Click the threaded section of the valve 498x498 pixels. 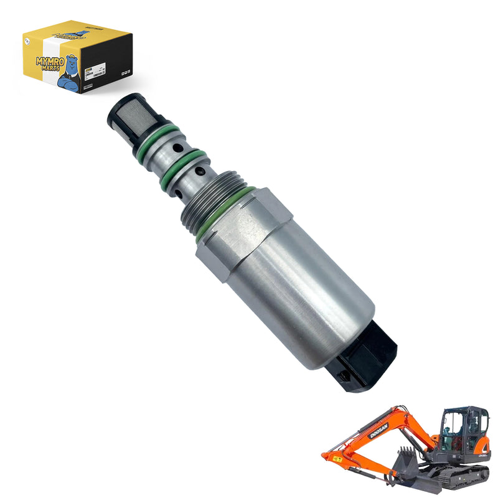pyautogui.click(x=205, y=194)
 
